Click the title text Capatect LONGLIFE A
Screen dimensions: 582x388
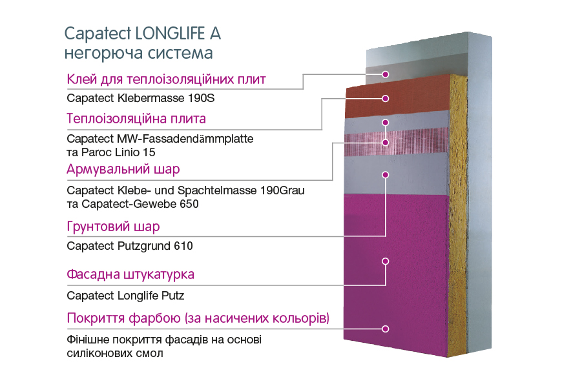[143, 34]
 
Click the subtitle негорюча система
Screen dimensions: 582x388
[138, 53]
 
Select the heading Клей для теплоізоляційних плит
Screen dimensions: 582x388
[166, 79]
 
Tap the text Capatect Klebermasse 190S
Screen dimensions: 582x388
[141, 98]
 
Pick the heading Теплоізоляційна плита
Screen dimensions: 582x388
[136, 119]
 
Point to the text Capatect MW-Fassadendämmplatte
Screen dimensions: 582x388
[160, 139]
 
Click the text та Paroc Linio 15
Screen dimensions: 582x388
[111, 152]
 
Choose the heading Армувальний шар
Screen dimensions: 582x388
[123, 170]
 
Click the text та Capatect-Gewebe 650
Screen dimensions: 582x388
[133, 203]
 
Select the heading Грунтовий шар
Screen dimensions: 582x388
[113, 226]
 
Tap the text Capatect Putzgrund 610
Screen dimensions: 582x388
[130, 246]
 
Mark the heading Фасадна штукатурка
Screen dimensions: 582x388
[130, 274]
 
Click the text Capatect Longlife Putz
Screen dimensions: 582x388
[125, 296]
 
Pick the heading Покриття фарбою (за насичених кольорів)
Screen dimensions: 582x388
[198, 318]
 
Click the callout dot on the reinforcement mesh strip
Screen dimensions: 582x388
[385, 143]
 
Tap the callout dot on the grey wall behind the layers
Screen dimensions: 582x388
[385, 74]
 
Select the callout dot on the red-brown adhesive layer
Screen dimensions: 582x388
[385, 98]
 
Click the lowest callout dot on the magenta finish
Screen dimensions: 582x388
[385, 329]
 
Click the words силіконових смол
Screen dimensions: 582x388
[115, 353]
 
